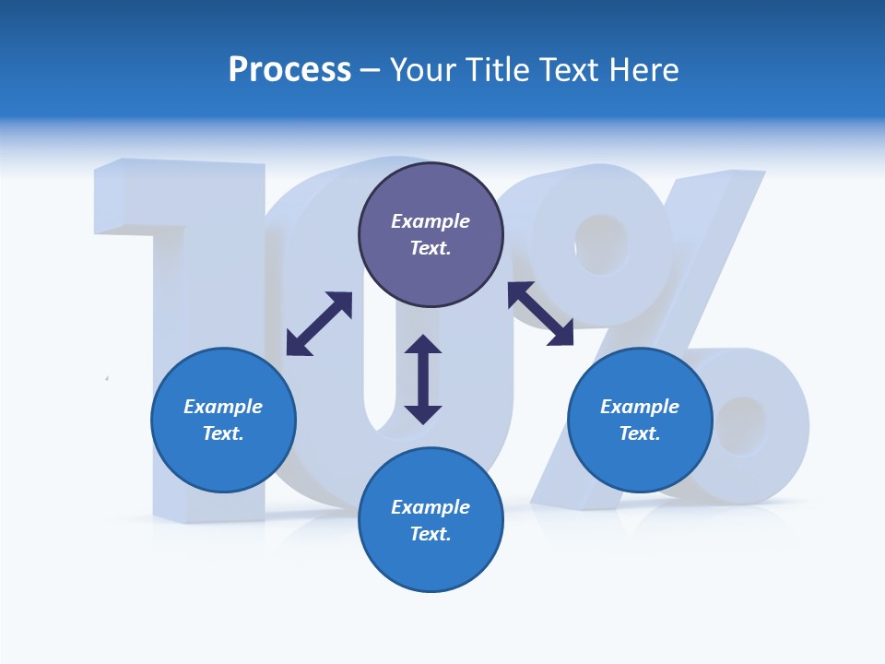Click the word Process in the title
pyautogui.click(x=289, y=70)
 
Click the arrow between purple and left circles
pyautogui.click(x=319, y=324)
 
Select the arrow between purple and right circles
pyautogui.click(x=541, y=314)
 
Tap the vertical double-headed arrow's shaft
pyautogui.click(x=423, y=379)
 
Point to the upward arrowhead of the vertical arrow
pyautogui.click(x=423, y=345)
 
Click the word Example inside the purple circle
pyautogui.click(x=431, y=221)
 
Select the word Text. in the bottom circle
pyautogui.click(x=431, y=534)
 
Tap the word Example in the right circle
pyautogui.click(x=640, y=407)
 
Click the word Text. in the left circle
pyautogui.click(x=223, y=433)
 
